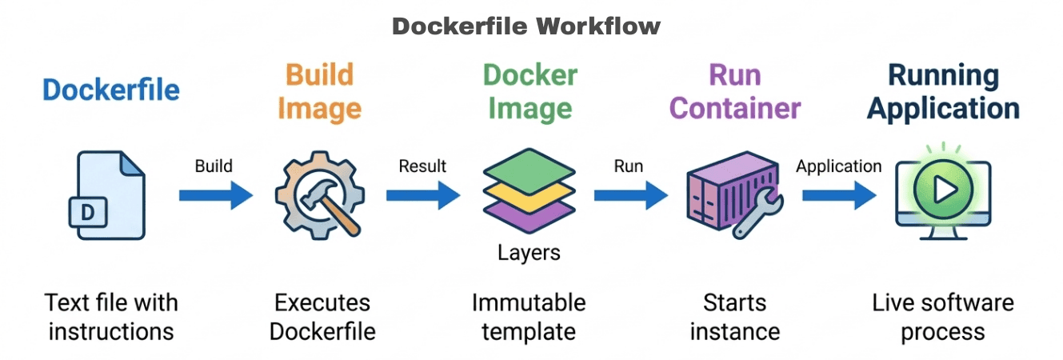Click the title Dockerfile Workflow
[x=526, y=26]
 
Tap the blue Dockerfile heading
[x=111, y=90]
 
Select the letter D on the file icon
[x=88, y=211]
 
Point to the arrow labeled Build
[x=215, y=194]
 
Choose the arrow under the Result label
[x=422, y=194]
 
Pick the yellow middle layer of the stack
[x=529, y=192]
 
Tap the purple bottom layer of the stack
[x=529, y=215]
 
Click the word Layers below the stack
[x=529, y=254]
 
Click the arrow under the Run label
[x=630, y=194]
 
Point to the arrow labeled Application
[x=839, y=194]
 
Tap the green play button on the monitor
[x=944, y=189]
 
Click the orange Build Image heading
[x=320, y=91]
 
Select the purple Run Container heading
[x=735, y=91]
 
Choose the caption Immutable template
[x=529, y=317]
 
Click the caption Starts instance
[x=735, y=317]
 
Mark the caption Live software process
[x=943, y=317]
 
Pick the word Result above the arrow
[x=422, y=166]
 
